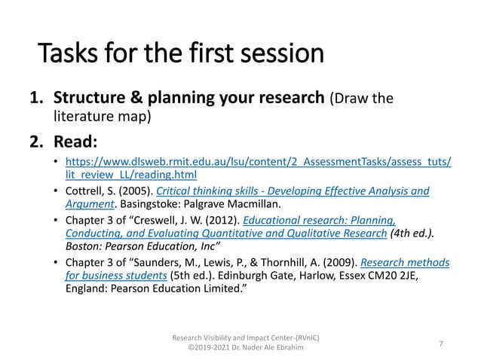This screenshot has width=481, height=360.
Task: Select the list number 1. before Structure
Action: pos(37,99)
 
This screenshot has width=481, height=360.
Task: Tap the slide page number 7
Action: pos(440,343)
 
